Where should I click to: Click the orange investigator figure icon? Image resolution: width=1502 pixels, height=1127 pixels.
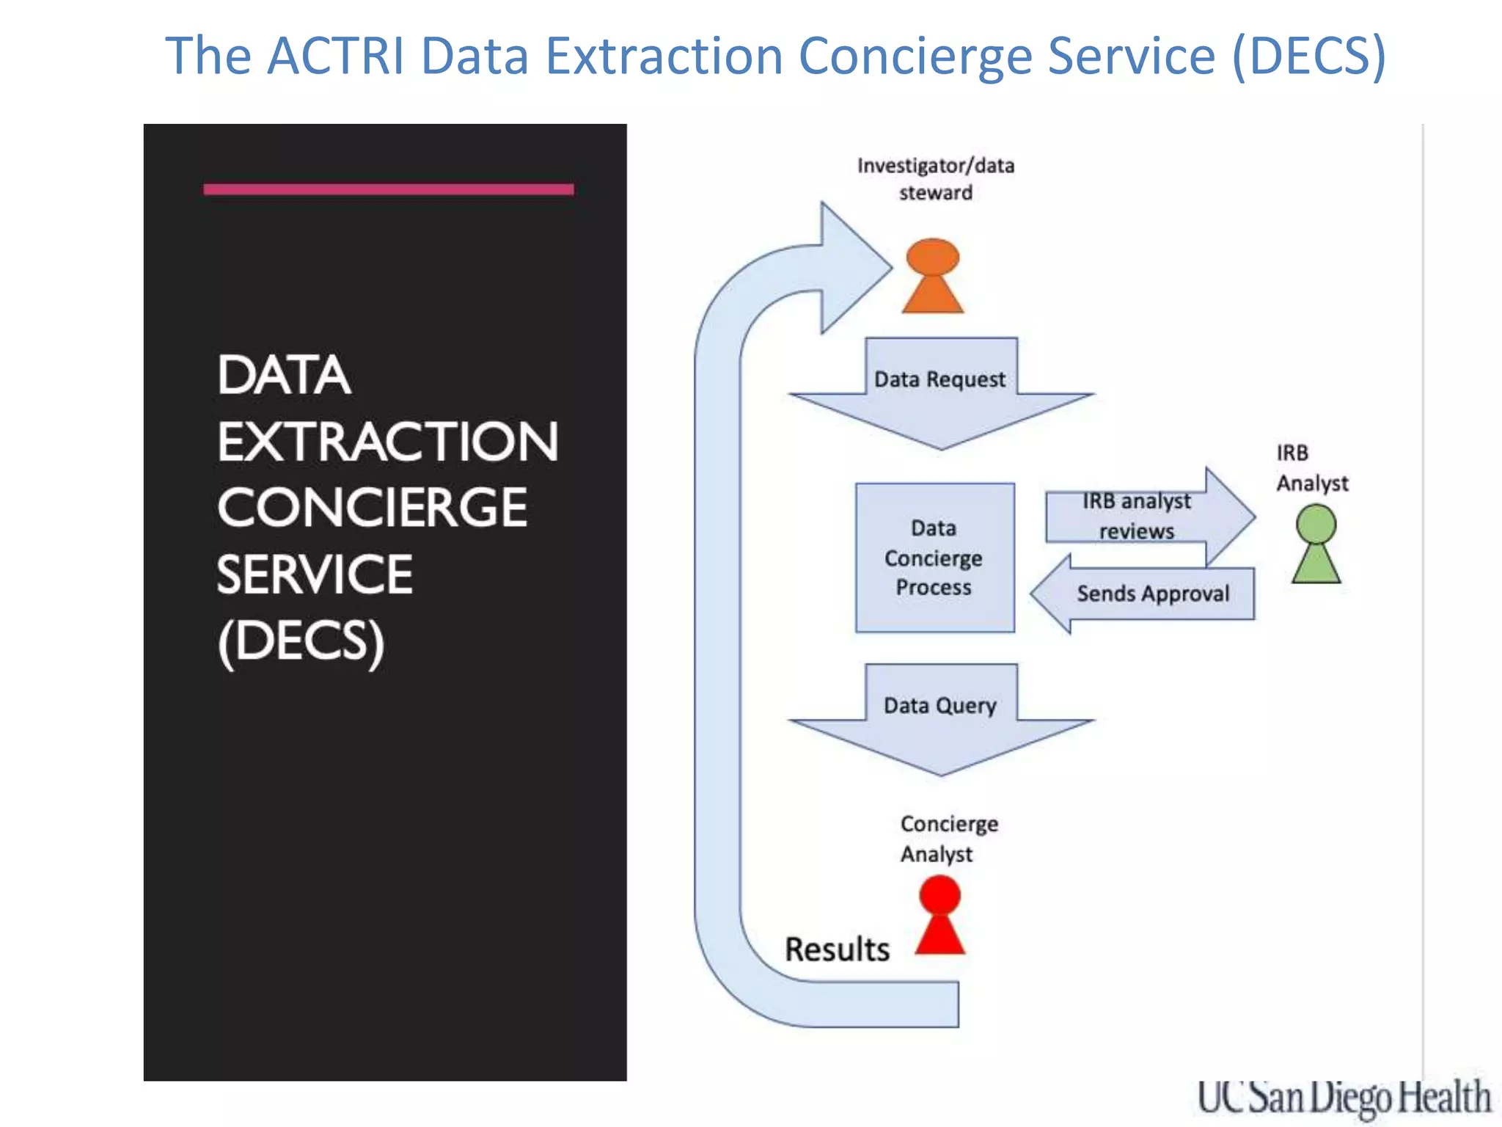pyautogui.click(x=932, y=277)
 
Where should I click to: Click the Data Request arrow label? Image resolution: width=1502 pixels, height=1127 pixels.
pyautogui.click(x=939, y=379)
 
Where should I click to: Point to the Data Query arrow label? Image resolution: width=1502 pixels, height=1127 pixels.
pyautogui.click(x=939, y=706)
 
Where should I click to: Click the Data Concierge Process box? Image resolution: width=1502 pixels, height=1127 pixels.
pyautogui.click(x=934, y=558)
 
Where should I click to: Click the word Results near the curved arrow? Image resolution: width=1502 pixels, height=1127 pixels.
pyautogui.click(x=837, y=949)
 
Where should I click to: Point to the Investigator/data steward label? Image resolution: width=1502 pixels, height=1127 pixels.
pyautogui.click(x=936, y=179)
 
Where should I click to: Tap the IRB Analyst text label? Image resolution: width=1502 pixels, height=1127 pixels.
pyautogui.click(x=1311, y=468)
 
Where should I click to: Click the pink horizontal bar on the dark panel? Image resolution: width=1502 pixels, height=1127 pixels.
pyautogui.click(x=388, y=189)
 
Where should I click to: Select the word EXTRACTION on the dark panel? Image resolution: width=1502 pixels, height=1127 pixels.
pyautogui.click(x=387, y=442)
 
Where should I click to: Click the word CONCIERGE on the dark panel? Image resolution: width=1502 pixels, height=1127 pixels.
pyautogui.click(x=372, y=508)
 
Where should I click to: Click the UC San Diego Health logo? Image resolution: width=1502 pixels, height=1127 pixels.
pyautogui.click(x=1344, y=1098)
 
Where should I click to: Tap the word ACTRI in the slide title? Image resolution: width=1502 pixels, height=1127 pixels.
pyautogui.click(x=335, y=56)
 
